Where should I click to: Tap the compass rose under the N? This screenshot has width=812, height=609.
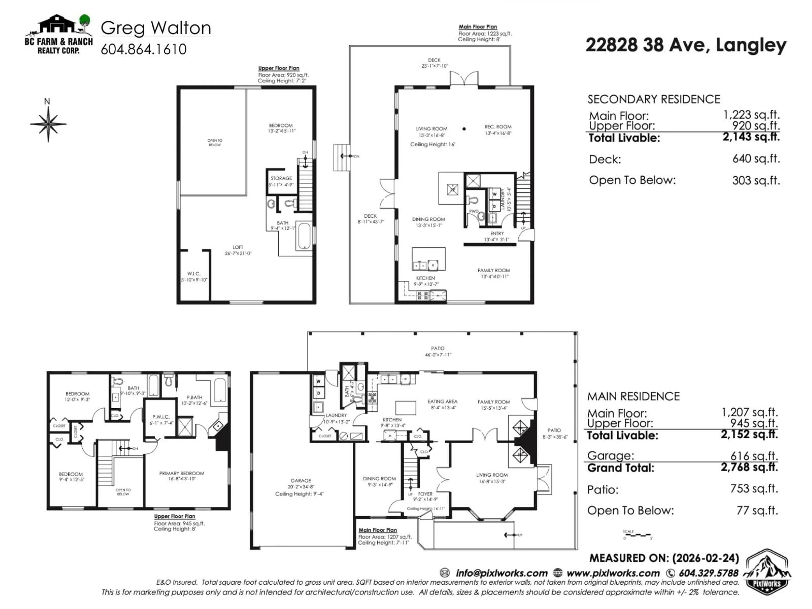tap(48, 124)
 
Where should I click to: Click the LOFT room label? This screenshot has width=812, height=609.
tap(238, 247)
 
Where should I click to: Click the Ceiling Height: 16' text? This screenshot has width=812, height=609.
tap(432, 145)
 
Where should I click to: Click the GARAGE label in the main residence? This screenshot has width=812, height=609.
tap(301, 480)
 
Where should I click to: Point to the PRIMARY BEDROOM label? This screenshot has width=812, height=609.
tap(181, 473)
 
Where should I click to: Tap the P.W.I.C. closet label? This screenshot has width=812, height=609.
tap(161, 417)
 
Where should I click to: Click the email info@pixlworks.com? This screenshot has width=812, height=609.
tap(501, 573)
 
